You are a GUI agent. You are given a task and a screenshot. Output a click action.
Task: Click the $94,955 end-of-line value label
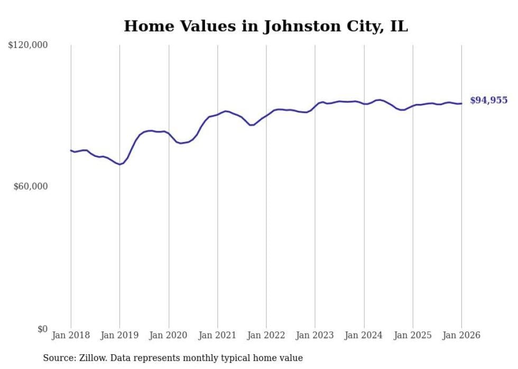[488, 100]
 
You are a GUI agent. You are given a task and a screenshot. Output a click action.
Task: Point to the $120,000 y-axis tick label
[28, 45]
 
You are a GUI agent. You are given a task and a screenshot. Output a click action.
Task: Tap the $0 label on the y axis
[42, 329]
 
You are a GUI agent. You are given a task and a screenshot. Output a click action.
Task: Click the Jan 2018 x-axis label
[71, 335]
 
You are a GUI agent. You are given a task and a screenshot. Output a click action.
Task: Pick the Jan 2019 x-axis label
[119, 335]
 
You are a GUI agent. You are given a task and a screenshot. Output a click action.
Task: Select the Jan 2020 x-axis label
[169, 335]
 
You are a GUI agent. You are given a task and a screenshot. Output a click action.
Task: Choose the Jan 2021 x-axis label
[217, 335]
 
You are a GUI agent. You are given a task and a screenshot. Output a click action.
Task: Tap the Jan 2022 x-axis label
[266, 335]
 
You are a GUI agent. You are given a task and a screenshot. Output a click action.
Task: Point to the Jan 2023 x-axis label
[315, 335]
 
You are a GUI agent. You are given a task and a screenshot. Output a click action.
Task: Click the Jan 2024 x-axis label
[364, 335]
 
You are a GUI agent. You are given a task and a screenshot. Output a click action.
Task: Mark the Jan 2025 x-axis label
[413, 335]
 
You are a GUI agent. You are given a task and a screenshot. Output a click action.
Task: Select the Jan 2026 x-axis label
[461, 335]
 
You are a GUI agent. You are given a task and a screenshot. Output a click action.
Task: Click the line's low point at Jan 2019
[120, 164]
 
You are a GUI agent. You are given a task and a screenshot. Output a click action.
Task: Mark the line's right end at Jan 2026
[461, 103]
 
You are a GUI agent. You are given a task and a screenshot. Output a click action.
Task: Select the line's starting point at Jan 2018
[71, 150]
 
